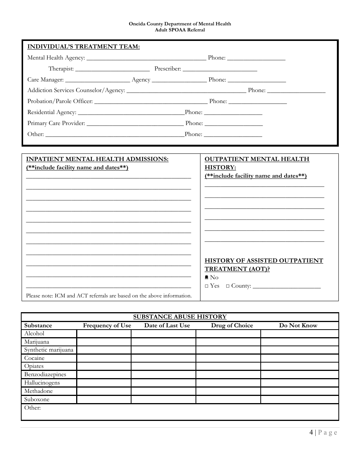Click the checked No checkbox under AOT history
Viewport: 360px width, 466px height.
[207, 277]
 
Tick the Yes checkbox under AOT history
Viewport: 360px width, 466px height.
[207, 286]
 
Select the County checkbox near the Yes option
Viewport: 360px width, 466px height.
[228, 286]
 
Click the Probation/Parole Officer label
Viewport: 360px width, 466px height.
[60, 101]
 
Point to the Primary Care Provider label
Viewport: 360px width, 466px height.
[56, 123]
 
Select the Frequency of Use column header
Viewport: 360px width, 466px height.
[107, 325]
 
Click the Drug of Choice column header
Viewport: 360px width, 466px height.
[232, 325]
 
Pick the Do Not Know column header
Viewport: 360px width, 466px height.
[298, 325]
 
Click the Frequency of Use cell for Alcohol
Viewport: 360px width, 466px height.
[104, 334]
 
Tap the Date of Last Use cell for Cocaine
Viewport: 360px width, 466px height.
[163, 358]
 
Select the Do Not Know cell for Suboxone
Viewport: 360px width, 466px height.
[299, 399]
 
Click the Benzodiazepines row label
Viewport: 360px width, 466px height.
[45, 375]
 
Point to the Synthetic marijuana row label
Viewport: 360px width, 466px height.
[49, 350]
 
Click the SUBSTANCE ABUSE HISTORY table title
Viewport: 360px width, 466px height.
[180, 317]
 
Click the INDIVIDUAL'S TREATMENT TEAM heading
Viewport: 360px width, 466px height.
[83, 47]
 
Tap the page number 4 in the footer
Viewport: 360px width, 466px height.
[311, 433]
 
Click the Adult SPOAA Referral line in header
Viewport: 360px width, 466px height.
[180, 30]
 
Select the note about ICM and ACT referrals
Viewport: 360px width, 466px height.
[109, 296]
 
